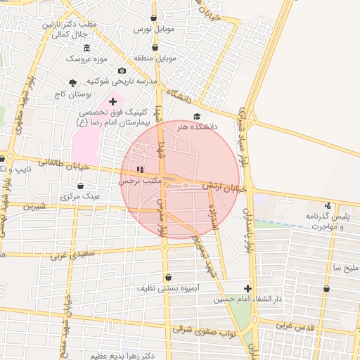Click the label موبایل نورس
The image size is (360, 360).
[153, 31]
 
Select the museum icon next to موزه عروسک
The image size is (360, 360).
[86, 48]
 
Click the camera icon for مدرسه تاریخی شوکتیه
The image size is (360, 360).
[122, 71]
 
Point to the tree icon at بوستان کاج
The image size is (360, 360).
[73, 83]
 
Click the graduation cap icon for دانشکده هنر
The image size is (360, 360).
[196, 117]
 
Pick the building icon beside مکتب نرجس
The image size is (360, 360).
[139, 169]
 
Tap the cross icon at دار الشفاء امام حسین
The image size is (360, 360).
[247, 288]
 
